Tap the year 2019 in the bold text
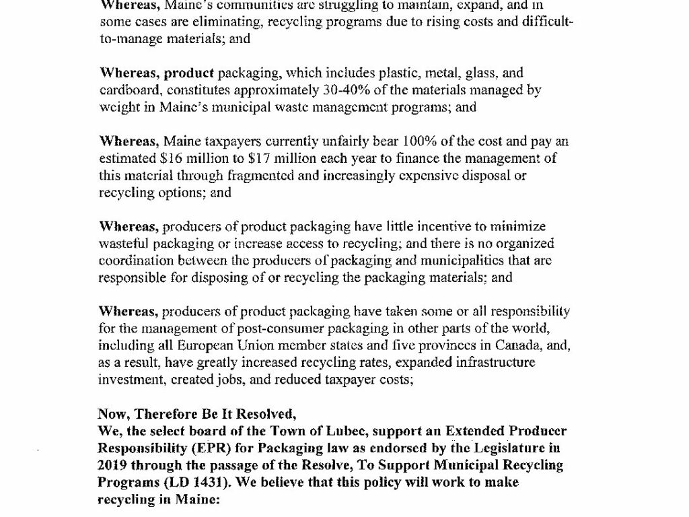pyautogui.click(x=114, y=465)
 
